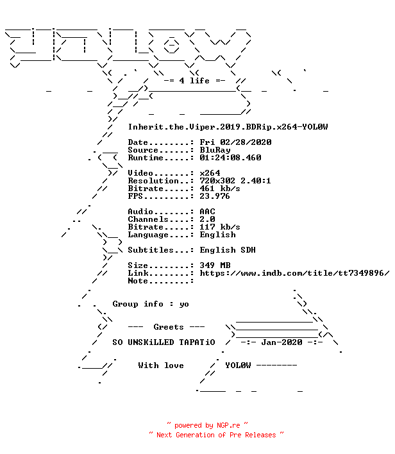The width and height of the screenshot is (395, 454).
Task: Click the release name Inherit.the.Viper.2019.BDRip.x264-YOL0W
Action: (228, 127)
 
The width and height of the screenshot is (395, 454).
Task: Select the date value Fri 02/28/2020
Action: (235, 142)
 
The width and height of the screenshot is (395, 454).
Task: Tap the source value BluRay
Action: (215, 150)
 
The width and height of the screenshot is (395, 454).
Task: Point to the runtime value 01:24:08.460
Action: (230, 158)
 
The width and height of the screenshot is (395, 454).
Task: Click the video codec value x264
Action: (210, 173)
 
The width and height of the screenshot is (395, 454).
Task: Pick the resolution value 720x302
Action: (217, 181)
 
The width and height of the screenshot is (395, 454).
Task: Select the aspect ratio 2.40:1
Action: (256, 181)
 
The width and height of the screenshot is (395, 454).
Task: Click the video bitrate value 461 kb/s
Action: (220, 189)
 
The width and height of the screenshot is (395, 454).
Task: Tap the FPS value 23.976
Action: (215, 196)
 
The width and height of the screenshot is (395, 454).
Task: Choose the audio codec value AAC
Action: (207, 212)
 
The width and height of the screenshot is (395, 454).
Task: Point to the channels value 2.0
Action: (207, 219)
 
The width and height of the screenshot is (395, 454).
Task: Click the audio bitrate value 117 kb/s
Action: (220, 227)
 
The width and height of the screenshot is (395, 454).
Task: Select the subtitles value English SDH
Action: (228, 250)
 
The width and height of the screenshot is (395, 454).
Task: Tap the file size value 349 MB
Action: (215, 265)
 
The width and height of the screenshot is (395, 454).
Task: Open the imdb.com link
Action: (294, 273)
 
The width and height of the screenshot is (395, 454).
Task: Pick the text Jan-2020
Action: (282, 342)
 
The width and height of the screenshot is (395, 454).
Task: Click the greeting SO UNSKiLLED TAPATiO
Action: (164, 342)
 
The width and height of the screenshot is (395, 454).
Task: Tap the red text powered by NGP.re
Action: (207, 425)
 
